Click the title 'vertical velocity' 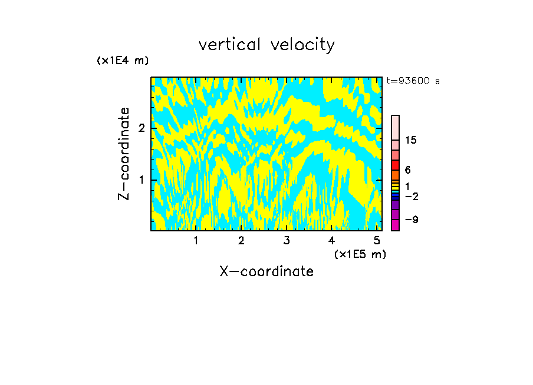click(x=266, y=45)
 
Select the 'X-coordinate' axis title click(x=266, y=271)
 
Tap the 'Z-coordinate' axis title click(x=124, y=154)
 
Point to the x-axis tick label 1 click(x=196, y=240)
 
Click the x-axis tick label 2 click(x=241, y=240)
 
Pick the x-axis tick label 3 click(x=286, y=240)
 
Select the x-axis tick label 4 click(x=331, y=240)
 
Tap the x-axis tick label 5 click(x=376, y=240)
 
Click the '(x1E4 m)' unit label click(x=123, y=61)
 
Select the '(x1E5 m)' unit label click(x=360, y=254)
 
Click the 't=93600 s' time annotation click(x=413, y=81)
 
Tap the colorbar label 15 click(x=411, y=140)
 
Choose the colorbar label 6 click(x=407, y=170)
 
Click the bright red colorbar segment click(x=395, y=165)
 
